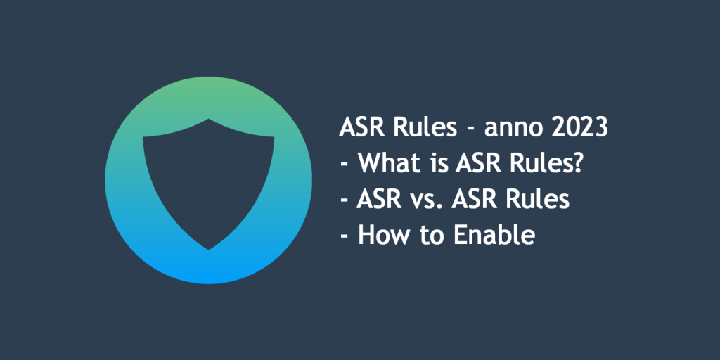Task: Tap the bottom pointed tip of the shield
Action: (209, 249)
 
